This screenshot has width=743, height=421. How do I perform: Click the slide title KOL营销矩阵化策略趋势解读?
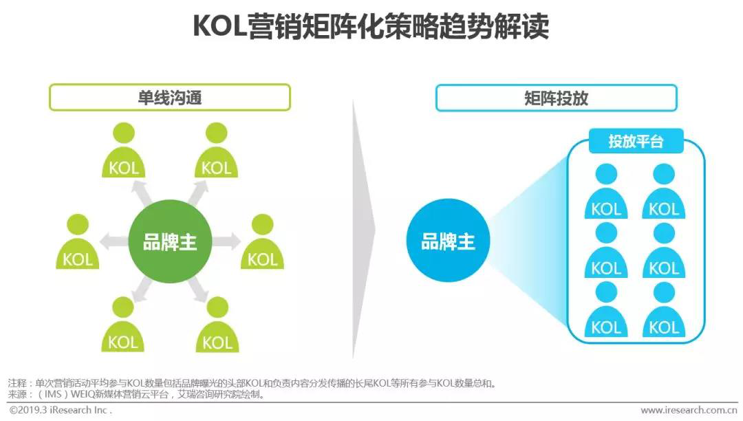tap(371, 26)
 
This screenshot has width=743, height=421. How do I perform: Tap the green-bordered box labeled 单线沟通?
tap(170, 98)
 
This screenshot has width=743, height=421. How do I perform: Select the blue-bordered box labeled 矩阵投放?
tap(557, 98)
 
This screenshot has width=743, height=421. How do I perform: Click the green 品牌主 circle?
tap(170, 241)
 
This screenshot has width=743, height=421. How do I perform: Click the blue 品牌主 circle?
tap(448, 241)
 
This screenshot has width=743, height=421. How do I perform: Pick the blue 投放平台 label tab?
tap(636, 141)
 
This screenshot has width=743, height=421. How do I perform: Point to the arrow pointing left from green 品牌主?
tap(114, 241)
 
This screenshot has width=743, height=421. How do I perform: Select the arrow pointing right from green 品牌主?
tap(226, 241)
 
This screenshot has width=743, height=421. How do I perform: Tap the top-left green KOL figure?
tap(124, 150)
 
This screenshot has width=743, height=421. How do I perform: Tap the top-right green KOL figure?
tap(217, 150)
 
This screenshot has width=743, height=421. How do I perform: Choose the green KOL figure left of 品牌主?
tap(78, 241)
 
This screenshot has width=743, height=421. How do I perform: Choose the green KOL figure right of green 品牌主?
tap(263, 241)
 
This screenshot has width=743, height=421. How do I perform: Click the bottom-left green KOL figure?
tap(122, 325)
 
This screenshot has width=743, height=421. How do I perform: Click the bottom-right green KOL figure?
tap(217, 325)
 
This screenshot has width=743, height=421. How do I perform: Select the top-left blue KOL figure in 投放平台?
tap(606, 191)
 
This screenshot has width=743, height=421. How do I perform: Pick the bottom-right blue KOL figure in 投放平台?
tap(664, 310)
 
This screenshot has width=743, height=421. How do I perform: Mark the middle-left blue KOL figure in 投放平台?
tap(606, 250)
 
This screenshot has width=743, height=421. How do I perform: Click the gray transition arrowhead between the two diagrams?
tap(363, 229)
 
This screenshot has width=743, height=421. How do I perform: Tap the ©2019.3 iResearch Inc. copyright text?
tap(61, 410)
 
